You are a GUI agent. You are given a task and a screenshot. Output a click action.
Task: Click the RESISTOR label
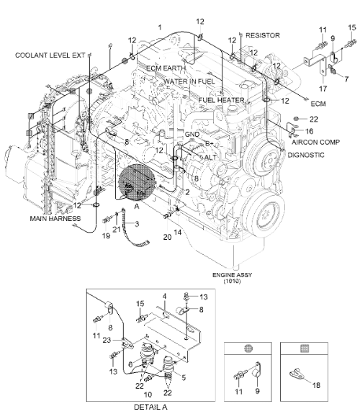click(262, 35)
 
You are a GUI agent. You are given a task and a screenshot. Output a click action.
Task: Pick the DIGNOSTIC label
click(308, 155)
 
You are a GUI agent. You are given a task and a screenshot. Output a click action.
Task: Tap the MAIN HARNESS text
click(55, 217)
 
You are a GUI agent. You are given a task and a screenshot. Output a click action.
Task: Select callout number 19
click(106, 235)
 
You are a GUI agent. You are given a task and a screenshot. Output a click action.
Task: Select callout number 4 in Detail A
click(163, 296)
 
